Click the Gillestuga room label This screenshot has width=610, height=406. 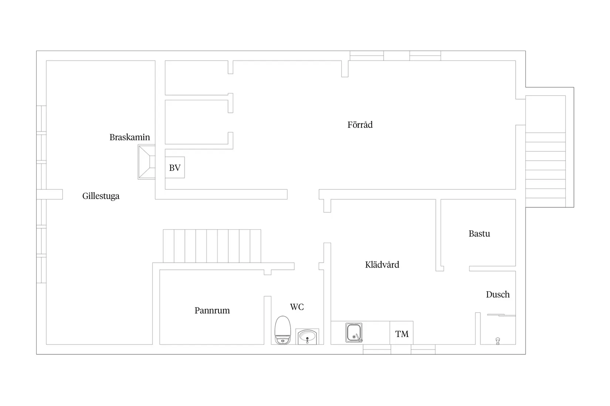click(x=101, y=196)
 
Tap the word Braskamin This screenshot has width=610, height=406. click(x=130, y=137)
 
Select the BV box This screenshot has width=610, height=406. click(x=175, y=168)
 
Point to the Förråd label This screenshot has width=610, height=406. click(x=360, y=124)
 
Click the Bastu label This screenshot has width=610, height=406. click(x=479, y=234)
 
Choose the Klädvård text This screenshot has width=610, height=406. click(x=382, y=264)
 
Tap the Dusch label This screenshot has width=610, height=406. click(x=498, y=295)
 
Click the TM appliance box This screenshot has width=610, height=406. click(x=401, y=333)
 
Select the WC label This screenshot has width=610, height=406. click(x=297, y=307)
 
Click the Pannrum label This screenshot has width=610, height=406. click(x=212, y=310)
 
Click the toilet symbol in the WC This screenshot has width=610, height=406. click(x=283, y=330)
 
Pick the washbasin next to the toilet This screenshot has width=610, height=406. click(x=307, y=337)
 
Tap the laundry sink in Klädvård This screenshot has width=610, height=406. click(x=354, y=333)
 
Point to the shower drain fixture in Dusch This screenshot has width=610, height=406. click(x=498, y=341)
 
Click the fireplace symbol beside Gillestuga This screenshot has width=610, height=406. click(x=146, y=162)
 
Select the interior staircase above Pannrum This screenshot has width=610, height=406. click(x=212, y=246)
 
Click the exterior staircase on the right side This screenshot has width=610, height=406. click(x=545, y=170)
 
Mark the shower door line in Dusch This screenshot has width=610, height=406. click(x=501, y=315)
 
